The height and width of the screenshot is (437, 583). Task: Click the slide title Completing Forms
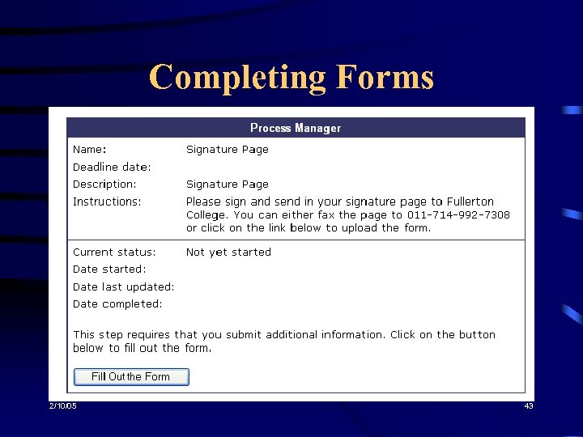(291, 78)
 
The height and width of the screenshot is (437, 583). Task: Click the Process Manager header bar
(296, 128)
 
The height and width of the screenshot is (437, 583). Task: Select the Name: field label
(89, 150)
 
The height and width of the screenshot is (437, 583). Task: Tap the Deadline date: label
(112, 168)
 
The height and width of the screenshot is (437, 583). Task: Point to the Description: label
(104, 185)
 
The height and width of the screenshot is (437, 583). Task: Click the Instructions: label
(107, 202)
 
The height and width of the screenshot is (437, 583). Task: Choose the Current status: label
(114, 252)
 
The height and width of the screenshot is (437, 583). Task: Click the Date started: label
(109, 269)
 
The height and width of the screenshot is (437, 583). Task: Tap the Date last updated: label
(123, 287)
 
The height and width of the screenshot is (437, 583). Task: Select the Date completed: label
(117, 304)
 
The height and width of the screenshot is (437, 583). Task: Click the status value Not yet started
(228, 252)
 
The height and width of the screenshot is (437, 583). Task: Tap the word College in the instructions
(207, 215)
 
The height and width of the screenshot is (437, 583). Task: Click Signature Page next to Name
(227, 150)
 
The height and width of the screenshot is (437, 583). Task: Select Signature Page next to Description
(227, 185)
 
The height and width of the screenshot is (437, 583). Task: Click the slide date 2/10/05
(62, 406)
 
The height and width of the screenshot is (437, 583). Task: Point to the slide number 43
(528, 406)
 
